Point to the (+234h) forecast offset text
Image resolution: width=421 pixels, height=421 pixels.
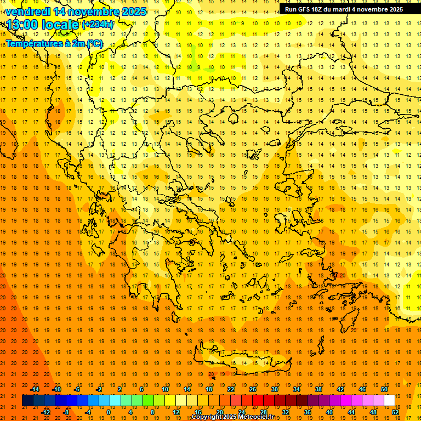coord(98,25)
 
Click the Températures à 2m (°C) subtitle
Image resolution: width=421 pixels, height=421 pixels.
coord(54,43)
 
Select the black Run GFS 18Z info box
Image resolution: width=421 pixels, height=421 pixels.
coord(344,9)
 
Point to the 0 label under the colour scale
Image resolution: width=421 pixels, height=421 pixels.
coord(109,412)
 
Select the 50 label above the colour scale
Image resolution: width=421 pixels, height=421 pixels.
coord(384,389)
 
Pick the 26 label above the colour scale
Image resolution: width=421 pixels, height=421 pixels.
coord(253,389)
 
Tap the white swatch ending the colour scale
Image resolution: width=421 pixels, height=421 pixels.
coord(390,401)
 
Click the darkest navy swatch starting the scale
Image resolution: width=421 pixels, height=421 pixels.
coord(27,401)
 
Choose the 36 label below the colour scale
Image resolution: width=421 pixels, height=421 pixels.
coord(308,412)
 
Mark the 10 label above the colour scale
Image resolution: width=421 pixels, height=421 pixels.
coord(165,389)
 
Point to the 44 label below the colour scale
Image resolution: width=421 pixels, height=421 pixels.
coord(351,412)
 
